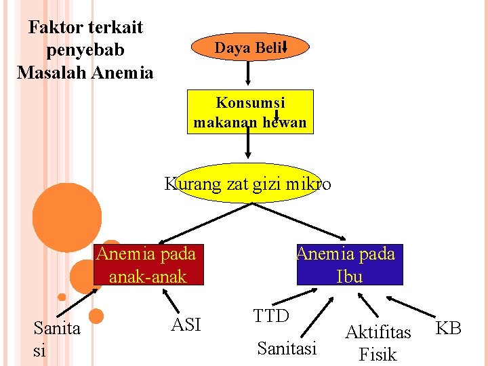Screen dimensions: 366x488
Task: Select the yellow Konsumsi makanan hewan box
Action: click(x=250, y=112)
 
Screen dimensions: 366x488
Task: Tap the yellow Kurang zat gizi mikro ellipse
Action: click(x=248, y=184)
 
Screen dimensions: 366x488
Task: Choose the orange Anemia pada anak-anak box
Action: click(x=146, y=264)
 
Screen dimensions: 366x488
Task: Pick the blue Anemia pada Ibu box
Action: click(x=349, y=264)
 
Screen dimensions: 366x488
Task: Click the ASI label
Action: click(x=186, y=325)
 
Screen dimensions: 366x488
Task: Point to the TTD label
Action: click(x=271, y=315)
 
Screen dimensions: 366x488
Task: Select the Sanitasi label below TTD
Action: click(x=287, y=348)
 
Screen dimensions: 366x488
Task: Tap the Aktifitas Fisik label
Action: click(x=378, y=342)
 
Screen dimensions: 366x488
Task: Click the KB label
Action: click(x=448, y=329)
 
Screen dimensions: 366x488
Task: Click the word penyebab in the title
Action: click(x=85, y=49)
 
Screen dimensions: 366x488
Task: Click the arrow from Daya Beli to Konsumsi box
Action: click(x=249, y=73)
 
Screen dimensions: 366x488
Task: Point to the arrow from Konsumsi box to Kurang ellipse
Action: click(x=248, y=148)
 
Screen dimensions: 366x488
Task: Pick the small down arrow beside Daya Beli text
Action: click(x=285, y=46)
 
